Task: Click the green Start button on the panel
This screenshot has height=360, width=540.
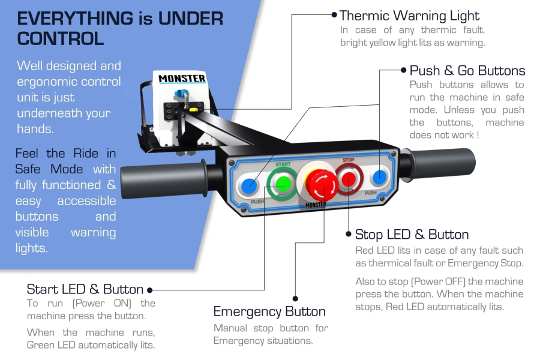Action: coord(283,184)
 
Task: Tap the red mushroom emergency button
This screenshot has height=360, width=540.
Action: coord(322,185)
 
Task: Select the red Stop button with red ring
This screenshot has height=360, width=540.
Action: coord(348,179)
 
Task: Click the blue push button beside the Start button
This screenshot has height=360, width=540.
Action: coord(249,186)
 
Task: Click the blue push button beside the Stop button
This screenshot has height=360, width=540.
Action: coord(379,178)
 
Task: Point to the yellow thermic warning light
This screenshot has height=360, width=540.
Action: coord(194,110)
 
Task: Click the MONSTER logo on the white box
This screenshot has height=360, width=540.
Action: coord(182,79)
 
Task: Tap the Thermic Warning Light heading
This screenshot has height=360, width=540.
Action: coord(409,16)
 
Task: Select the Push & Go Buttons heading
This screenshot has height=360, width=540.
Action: coord(467,71)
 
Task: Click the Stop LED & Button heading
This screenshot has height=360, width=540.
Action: coord(412,235)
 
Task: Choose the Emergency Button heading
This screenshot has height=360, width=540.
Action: coord(269,311)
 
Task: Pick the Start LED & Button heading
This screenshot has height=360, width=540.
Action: coord(85,289)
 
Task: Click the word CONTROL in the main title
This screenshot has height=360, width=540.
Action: coord(60,38)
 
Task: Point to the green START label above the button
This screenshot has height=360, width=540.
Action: coord(283,164)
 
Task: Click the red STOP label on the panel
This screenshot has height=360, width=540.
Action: coord(348,160)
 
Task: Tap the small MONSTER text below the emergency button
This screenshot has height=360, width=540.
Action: coord(316,205)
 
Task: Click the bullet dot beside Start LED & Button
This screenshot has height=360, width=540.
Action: coord(149,290)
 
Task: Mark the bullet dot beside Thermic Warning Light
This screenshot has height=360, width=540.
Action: coord(334,14)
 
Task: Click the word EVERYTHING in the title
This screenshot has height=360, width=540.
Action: coord(75,18)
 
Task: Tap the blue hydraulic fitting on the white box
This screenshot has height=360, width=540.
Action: coord(181,94)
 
